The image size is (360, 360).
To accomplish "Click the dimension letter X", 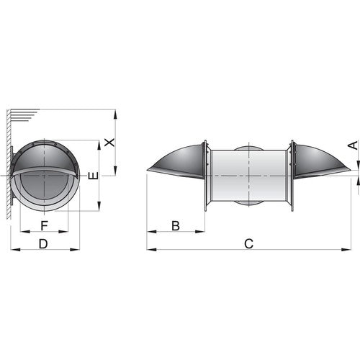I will click(x=109, y=142).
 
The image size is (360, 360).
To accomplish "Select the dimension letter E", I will click(x=91, y=176).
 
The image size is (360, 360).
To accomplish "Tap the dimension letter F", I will click(x=44, y=225).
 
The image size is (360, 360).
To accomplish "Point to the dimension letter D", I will click(x=43, y=244).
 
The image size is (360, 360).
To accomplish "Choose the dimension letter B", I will click(x=175, y=225).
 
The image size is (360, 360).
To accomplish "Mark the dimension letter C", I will click(x=248, y=244).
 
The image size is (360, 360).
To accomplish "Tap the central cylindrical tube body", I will click(x=248, y=176).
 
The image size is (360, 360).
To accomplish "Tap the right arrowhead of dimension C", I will click(x=348, y=250).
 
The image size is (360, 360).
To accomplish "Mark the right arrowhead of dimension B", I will click(x=202, y=231).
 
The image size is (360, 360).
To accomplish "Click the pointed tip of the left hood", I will click(x=148, y=171).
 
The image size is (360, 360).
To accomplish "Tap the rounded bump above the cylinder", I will click(x=248, y=148).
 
